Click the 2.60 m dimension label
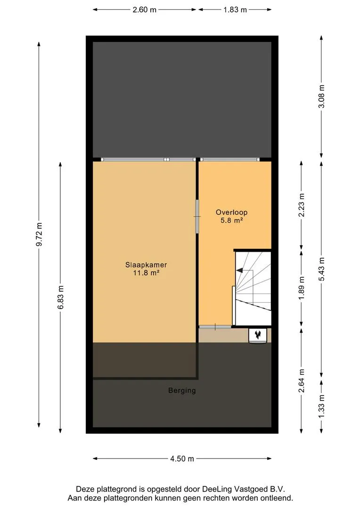click(x=145, y=10)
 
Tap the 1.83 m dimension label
click(x=235, y=10)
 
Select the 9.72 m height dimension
click(x=39, y=234)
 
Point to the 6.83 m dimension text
click(x=61, y=297)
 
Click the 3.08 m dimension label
click(x=321, y=97)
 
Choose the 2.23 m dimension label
click(x=302, y=205)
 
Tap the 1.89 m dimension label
click(x=302, y=288)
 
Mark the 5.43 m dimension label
click(x=321, y=270)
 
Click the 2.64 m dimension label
click(x=302, y=381)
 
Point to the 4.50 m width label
click(x=182, y=459)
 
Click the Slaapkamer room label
click(x=146, y=265)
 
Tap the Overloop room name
click(x=232, y=212)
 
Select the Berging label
click(x=182, y=390)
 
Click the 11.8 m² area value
click(x=146, y=273)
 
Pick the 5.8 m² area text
click(x=232, y=221)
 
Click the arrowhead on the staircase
click(x=239, y=270)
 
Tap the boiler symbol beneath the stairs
click(x=258, y=336)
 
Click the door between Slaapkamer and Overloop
click(x=196, y=216)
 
